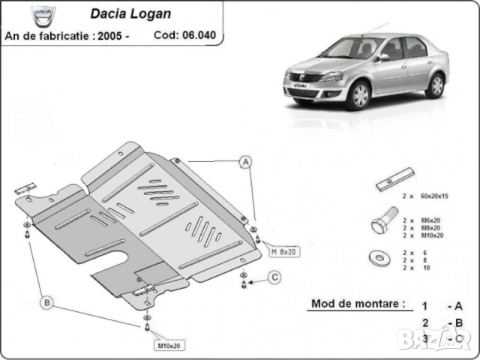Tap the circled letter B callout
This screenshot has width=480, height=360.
(46, 303)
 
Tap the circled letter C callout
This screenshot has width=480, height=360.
(275, 279)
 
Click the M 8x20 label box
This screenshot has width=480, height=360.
(284, 251)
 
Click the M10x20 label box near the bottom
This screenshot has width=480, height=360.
(170, 346)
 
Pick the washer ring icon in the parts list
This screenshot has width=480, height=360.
(379, 259)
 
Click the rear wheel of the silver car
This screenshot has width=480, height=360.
(435, 85)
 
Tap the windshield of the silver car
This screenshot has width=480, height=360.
(351, 49)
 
